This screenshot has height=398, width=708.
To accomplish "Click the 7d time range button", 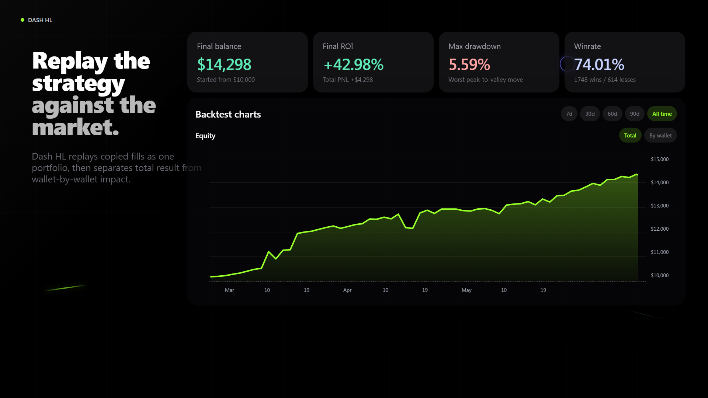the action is (569, 114).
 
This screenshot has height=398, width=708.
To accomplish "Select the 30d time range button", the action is (590, 114).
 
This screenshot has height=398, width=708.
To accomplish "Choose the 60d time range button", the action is (612, 114).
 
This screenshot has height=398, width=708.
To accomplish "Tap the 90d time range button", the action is (635, 114).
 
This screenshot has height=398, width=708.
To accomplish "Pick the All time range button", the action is (662, 114).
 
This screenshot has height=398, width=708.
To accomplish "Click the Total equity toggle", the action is (630, 136).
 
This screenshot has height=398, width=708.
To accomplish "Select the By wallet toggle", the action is (660, 136).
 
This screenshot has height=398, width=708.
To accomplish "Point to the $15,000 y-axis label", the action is (660, 159).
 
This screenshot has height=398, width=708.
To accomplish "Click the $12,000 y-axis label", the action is (660, 229).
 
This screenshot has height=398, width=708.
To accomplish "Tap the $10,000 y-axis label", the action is (660, 275).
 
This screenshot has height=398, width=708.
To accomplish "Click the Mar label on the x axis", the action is (229, 290).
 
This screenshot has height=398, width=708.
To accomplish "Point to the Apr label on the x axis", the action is (347, 290).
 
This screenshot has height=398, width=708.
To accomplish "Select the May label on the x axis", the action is (466, 290).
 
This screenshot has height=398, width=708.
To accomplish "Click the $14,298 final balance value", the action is (224, 64).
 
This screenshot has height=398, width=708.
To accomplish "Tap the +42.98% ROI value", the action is (353, 64).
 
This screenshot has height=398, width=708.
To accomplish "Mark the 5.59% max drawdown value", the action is (469, 64).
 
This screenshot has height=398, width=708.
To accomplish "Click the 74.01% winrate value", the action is (599, 64).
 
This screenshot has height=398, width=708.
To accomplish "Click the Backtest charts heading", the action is (228, 114).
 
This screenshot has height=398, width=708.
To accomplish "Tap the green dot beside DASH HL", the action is (22, 20).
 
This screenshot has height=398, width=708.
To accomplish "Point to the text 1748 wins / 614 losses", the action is (605, 80).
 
